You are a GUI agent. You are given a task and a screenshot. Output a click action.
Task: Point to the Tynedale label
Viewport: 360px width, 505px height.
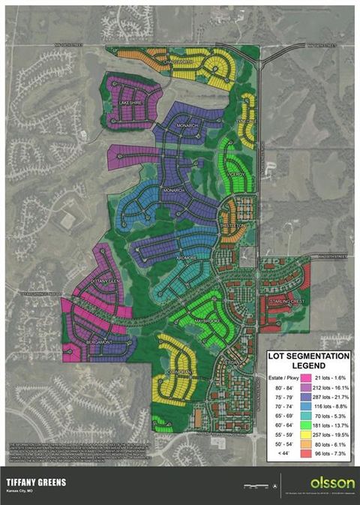(247, 120)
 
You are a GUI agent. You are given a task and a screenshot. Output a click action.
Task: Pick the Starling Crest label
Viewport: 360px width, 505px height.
(286, 302)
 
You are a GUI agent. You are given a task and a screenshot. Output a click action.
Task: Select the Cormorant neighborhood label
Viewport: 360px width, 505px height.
(179, 372)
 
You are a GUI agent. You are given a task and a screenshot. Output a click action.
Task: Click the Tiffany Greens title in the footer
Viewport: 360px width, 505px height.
(36, 482)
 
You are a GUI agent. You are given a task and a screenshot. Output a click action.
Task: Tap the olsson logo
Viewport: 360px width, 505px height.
(327, 481)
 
